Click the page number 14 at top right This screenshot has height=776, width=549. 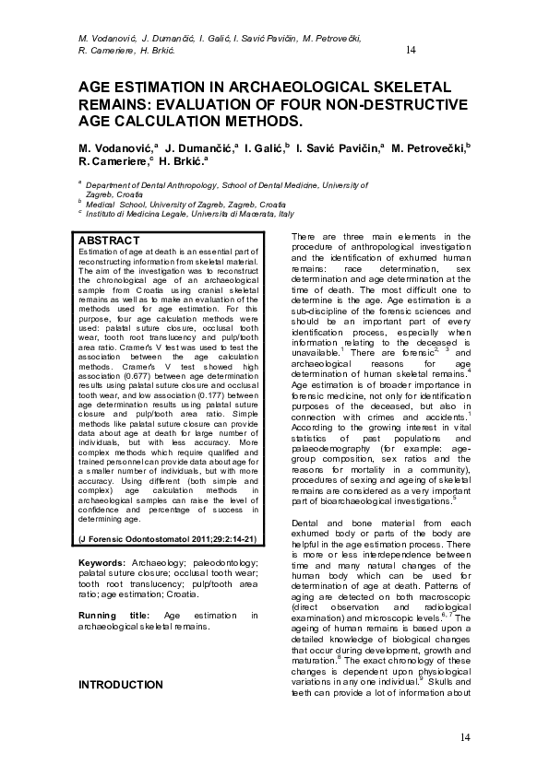tap(412, 49)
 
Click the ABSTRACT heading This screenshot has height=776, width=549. tap(110, 241)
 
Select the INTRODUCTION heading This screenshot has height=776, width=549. tap(121, 685)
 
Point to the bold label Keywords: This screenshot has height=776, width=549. tap(101, 562)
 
